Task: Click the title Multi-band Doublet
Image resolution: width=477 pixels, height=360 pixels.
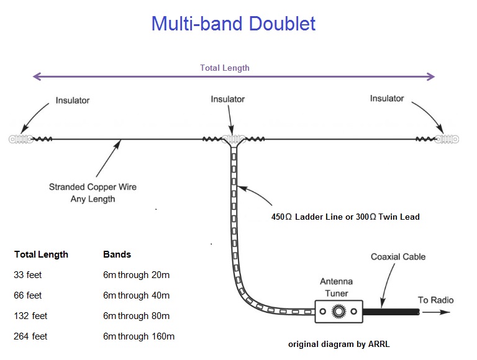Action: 234,24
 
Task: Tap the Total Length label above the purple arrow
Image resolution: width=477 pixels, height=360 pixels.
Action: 224,68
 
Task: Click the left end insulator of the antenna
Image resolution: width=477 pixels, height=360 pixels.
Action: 20,139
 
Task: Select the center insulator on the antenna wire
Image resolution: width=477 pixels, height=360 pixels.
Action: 234,139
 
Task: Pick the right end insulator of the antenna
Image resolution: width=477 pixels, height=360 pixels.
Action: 447,139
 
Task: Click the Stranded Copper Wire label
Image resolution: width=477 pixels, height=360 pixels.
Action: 93,187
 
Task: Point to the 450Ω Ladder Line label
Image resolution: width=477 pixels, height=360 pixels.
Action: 307,217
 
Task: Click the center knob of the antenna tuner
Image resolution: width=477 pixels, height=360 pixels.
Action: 338,312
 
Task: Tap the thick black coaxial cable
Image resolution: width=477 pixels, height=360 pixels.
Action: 391,312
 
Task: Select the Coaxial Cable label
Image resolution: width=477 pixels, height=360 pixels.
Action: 398,256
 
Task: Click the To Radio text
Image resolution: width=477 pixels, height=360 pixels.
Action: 435,300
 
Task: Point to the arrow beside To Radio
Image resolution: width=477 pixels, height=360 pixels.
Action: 436,312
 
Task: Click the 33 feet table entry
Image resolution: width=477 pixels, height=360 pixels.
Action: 28,275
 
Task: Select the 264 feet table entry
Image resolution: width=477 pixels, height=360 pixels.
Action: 30,336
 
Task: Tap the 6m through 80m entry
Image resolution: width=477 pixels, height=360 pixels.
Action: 136,316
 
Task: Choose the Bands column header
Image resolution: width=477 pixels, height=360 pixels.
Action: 117,254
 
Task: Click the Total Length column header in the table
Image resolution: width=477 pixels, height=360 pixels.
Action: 41,254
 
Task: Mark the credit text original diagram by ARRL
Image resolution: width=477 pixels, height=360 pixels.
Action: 339,344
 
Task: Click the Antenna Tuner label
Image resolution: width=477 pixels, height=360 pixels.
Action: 337,287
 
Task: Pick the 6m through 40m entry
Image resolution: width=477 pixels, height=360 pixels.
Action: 136,295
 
